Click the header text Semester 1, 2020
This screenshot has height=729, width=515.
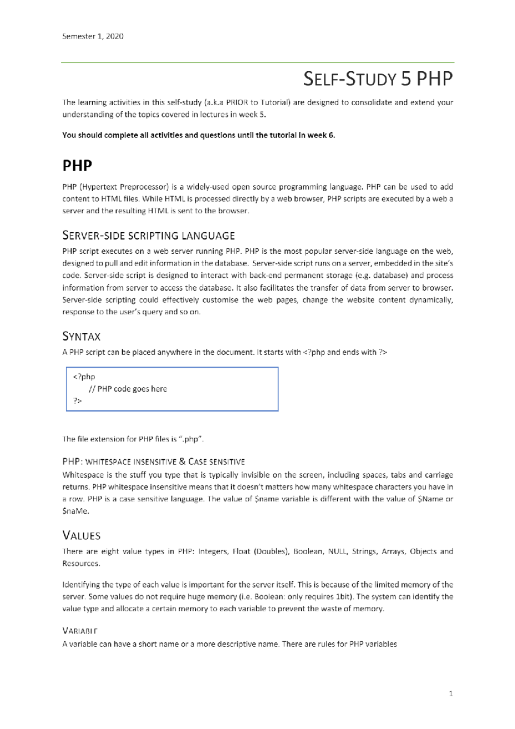click(93, 36)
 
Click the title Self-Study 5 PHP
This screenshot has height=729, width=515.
click(378, 79)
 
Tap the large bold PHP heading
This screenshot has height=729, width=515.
click(77, 166)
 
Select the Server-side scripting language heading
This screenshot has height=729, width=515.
click(148, 236)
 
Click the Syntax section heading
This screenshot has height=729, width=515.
click(82, 337)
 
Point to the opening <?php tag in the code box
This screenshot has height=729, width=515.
click(84, 377)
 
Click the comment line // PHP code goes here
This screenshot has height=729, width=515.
click(127, 389)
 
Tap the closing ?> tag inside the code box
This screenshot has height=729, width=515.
click(78, 401)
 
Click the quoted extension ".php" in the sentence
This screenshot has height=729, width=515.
click(191, 439)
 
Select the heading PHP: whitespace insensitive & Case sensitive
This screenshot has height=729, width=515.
click(154, 462)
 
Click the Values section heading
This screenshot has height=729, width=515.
click(82, 536)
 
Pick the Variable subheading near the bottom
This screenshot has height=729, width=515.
click(80, 631)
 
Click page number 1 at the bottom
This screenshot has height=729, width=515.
click(451, 693)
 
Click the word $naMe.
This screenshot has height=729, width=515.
click(76, 511)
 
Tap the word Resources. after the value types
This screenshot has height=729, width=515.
click(81, 564)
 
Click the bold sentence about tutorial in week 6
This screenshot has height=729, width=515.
click(198, 135)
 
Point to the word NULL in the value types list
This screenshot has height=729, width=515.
click(337, 552)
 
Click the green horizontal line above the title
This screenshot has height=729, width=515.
click(257, 63)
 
